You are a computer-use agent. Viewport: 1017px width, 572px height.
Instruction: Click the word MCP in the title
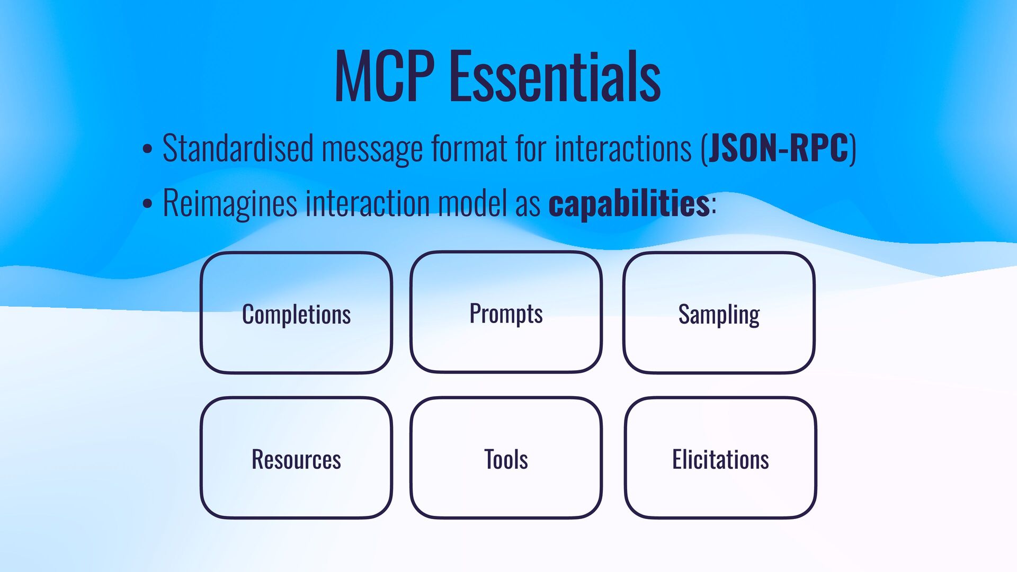[385, 76]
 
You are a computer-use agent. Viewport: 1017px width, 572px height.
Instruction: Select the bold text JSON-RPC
[779, 148]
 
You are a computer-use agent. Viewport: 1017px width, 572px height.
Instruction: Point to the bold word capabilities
[629, 203]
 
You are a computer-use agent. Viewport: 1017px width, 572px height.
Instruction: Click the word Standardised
[238, 148]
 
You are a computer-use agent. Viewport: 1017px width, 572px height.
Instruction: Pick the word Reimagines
[230, 203]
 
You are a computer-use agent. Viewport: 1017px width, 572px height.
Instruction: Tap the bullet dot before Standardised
[147, 149]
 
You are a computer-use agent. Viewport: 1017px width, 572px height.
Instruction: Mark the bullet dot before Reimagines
[147, 204]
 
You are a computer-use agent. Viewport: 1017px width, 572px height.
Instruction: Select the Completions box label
[296, 315]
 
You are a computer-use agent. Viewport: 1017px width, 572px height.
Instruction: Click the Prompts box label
[506, 314]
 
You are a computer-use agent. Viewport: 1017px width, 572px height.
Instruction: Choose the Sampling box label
[719, 315]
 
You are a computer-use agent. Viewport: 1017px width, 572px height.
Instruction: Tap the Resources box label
[296, 459]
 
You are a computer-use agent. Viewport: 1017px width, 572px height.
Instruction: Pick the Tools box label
[506, 459]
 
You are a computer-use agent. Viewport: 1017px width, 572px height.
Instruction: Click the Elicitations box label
[720, 459]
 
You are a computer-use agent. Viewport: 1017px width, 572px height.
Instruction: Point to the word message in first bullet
[372, 149]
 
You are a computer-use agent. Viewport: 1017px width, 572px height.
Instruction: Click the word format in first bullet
[469, 148]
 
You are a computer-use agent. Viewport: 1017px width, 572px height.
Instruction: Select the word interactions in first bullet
[623, 148]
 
